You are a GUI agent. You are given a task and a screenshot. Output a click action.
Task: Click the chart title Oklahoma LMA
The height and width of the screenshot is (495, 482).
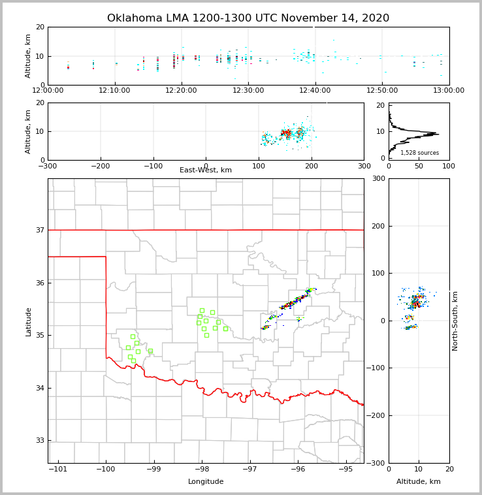248,18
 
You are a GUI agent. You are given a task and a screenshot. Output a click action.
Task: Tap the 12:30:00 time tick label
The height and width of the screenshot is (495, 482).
249,91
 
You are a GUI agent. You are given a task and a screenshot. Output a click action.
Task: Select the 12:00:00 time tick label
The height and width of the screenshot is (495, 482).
48,91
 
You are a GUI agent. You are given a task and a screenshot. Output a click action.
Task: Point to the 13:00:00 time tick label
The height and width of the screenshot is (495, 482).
449,91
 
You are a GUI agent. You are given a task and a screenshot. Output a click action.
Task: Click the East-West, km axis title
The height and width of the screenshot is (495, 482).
206,170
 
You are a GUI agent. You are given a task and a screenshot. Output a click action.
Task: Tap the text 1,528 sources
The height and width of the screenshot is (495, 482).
419,153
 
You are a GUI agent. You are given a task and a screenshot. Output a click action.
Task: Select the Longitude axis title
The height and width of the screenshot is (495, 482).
206,482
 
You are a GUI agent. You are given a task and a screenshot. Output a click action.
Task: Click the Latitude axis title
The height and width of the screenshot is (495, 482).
28,321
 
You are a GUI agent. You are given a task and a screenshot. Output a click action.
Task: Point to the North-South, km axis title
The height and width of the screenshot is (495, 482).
455,321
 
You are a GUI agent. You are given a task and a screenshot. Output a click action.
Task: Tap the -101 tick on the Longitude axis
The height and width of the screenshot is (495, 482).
58,469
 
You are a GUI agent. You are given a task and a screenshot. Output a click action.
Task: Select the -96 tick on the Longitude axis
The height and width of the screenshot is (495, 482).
298,469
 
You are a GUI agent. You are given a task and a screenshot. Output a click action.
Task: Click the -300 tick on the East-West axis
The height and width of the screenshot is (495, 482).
48,166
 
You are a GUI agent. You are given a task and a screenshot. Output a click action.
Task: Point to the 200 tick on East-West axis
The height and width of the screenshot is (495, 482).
312,166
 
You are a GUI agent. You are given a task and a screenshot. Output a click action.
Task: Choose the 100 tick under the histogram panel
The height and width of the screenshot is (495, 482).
449,166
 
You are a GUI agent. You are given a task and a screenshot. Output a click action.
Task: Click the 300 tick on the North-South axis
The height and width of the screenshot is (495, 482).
379,179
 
